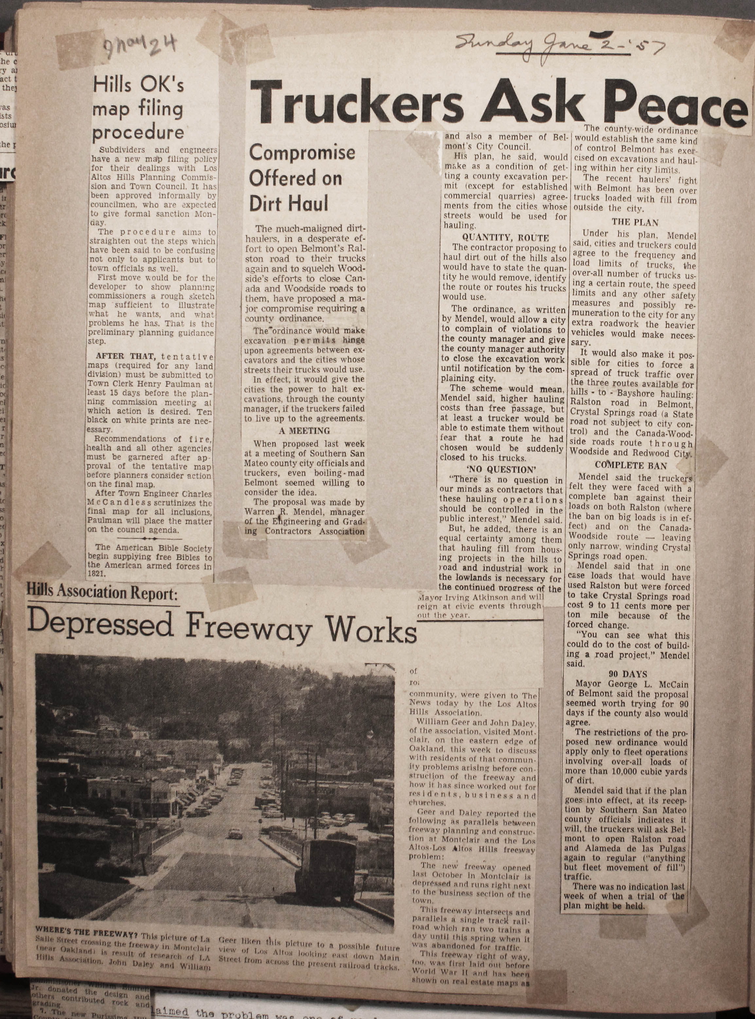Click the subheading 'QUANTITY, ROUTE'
point(505,238)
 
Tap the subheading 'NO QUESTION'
point(501,469)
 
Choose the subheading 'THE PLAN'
point(635,223)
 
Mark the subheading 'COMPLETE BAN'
point(631,466)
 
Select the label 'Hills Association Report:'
point(101,593)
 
